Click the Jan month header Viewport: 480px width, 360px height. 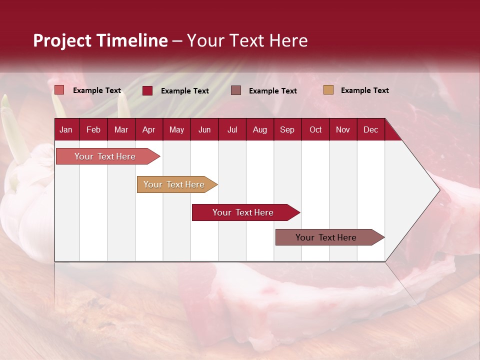[x=66, y=130]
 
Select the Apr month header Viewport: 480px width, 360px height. [x=148, y=130]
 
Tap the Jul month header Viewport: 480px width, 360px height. [x=232, y=130]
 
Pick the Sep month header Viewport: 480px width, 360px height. [x=287, y=130]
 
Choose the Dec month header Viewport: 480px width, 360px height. [x=370, y=130]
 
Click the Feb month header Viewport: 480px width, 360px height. [x=93, y=130]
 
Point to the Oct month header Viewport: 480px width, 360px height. [x=315, y=130]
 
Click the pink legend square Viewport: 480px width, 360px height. [x=59, y=90]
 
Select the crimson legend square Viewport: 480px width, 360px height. [x=147, y=90]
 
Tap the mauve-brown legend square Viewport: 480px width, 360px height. [x=236, y=90]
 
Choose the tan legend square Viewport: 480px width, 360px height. [x=328, y=90]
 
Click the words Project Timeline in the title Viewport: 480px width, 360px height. [x=100, y=40]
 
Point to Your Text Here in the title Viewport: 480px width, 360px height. [x=247, y=40]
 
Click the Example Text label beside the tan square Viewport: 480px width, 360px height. [x=364, y=90]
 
